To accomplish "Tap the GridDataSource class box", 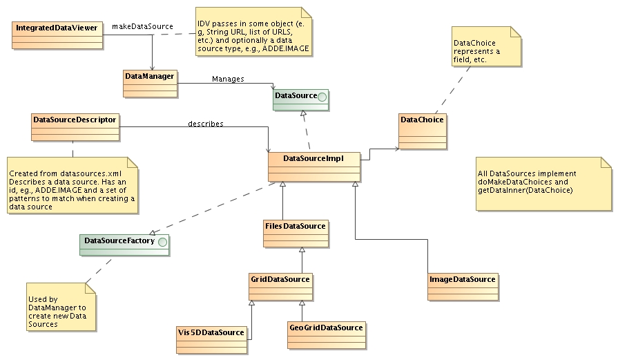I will (280, 287).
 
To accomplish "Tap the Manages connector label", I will (228, 79).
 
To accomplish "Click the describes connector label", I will (206, 124).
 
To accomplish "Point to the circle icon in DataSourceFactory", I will (162, 241).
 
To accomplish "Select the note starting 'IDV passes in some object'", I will (253, 31).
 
